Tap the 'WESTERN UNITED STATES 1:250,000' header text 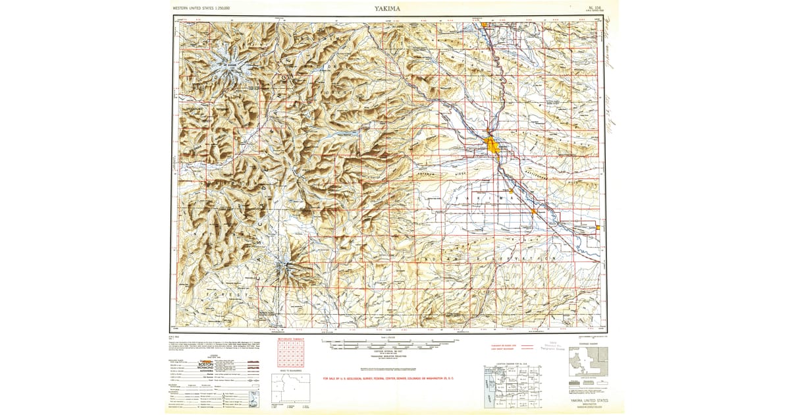click(205, 9)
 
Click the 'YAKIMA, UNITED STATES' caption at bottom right click(587, 400)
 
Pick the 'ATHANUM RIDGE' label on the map click(434, 173)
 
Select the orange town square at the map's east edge click(598, 228)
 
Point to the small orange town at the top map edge click(485, 25)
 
